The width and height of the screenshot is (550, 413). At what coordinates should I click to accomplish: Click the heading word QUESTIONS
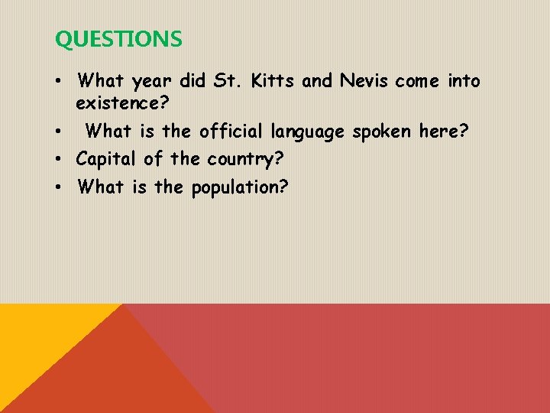pyautogui.click(x=118, y=40)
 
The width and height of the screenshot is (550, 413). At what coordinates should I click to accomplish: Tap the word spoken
pyautogui.click(x=382, y=132)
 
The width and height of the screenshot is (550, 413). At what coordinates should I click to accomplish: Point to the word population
pyautogui.click(x=239, y=187)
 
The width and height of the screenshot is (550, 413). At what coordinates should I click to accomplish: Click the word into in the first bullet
pyautogui.click(x=464, y=80)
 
